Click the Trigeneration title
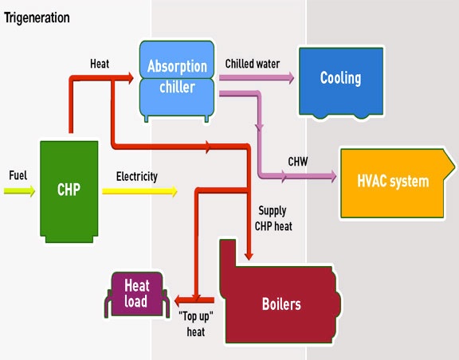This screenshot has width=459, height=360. coord(37,17)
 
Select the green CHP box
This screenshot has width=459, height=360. coord(69,190)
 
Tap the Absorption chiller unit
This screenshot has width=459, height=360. coord(176,77)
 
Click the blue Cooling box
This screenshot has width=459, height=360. coord(340,79)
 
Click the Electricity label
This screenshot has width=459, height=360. coord(136,176)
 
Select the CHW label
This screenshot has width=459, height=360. coord(298,162)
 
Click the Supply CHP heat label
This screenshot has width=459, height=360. coord(276,218)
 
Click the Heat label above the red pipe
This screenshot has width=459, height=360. coord(100,63)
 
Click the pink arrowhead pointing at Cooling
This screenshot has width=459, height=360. coord(288,78)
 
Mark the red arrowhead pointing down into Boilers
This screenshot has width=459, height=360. coord(249,256)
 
